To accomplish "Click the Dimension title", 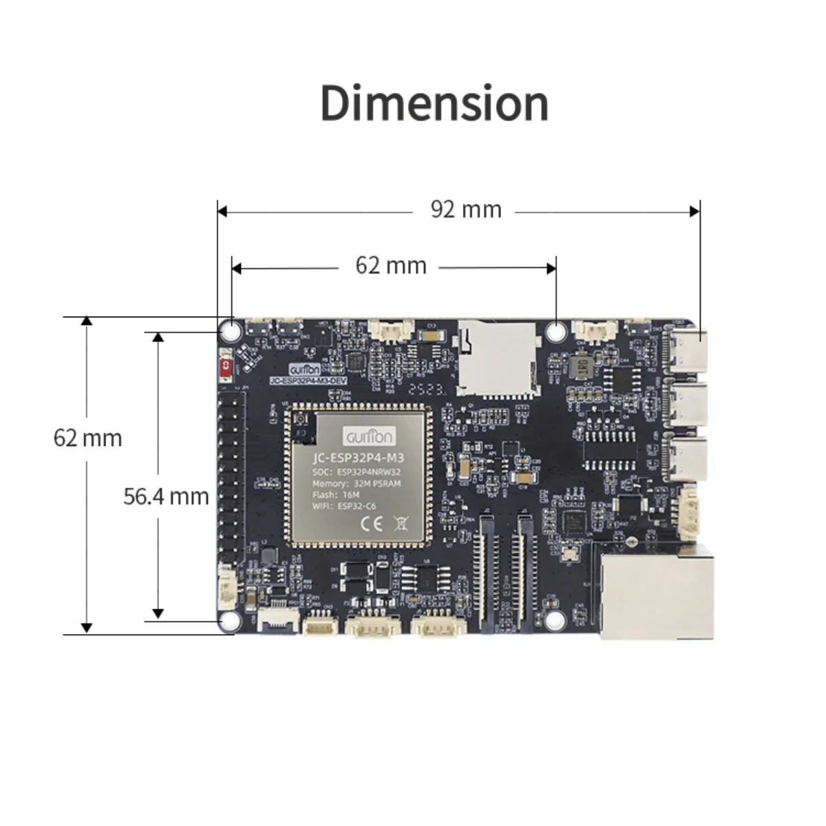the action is [434, 103].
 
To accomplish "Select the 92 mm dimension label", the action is [466, 209].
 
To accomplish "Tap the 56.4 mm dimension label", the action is [166, 496].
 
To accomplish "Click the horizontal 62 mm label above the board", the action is [390, 266].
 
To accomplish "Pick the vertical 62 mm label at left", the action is [87, 438].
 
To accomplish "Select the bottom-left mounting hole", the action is [230, 622].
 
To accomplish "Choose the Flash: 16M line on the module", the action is [336, 494].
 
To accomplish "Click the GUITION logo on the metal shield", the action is [370, 436].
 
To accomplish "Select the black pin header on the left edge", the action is [233, 475].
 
